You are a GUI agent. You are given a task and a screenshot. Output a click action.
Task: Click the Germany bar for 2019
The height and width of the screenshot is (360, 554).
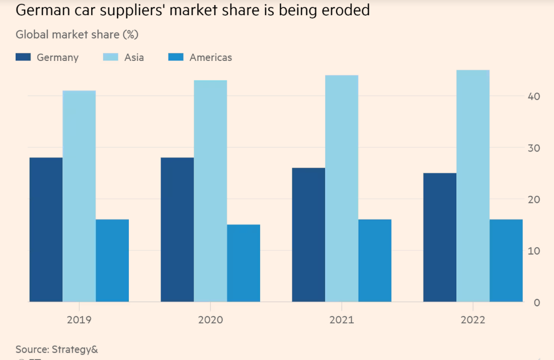coord(46,230)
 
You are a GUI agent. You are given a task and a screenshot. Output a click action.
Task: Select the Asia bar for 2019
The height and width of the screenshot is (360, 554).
coord(79,196)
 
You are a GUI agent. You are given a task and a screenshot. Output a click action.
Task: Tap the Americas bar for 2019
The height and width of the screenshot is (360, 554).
coord(112,260)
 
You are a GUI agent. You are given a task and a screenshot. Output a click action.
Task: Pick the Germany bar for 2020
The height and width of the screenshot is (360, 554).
coord(177,230)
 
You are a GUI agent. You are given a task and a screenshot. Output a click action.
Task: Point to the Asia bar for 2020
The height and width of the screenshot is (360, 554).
coord(210,191)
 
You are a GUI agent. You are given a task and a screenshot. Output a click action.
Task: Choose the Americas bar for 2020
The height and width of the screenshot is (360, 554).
coord(244,263)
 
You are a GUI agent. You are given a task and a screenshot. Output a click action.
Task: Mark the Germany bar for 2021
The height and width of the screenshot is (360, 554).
coord(308,235)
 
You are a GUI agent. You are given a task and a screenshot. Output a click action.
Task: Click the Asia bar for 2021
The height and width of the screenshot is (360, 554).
coord(342,189)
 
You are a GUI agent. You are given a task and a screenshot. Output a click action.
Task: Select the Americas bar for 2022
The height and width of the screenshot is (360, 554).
coord(506,260)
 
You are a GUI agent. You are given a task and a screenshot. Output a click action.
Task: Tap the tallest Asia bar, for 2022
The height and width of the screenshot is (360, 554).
coord(473,186)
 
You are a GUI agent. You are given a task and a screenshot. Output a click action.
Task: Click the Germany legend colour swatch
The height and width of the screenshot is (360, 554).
coord(23,57)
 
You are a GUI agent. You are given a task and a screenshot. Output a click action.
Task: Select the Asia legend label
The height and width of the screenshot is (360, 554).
coord(134,57)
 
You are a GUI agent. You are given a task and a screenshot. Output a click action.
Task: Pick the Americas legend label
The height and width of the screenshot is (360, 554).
coord(210,57)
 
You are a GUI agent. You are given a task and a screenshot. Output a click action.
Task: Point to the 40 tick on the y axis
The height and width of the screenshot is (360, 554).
coord(534,96)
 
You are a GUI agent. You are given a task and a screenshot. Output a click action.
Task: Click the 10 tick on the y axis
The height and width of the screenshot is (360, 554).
coord(534,251)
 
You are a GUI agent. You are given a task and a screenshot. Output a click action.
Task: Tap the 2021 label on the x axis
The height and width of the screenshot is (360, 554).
coord(342,320)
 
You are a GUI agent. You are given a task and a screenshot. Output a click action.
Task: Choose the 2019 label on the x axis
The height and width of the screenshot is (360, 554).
coord(79,320)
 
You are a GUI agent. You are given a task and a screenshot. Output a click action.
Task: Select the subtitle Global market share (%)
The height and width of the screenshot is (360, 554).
coord(77,35)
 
